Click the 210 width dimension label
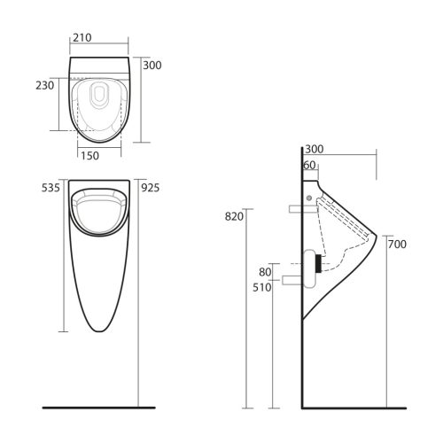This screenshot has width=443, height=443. (84, 38)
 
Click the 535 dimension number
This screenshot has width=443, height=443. (49, 188)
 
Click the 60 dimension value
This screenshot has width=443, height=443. (309, 166)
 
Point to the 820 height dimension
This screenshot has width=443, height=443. (234, 216)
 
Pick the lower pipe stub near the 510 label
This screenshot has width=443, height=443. (293, 281)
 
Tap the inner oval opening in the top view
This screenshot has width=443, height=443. (98, 98)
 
